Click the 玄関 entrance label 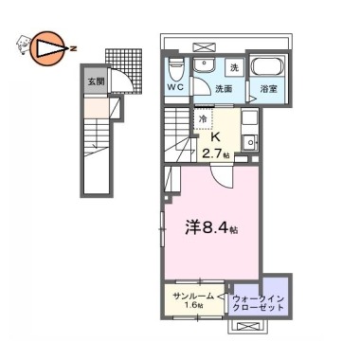point(96,81)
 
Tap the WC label point(175,87)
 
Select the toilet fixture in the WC point(175,69)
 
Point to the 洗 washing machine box point(234,67)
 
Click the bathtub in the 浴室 point(267,66)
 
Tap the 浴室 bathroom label point(269,89)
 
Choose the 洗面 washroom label point(224,89)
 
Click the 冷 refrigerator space point(204,118)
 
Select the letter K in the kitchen point(215,137)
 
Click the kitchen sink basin point(249,142)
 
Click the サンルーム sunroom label point(193,297)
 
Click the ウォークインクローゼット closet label point(259,303)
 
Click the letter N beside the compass point(73,48)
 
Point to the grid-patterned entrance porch point(123,68)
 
